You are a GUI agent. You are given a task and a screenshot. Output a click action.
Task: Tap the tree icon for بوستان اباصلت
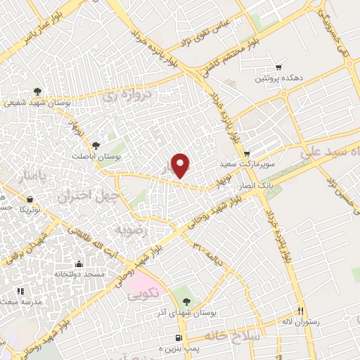coord(105,145)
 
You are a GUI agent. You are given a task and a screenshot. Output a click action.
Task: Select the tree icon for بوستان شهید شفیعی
coord(37,91)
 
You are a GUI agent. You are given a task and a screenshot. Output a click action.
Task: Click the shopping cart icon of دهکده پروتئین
coord(280,67)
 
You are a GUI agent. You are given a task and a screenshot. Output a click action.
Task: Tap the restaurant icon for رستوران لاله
coord(300,311)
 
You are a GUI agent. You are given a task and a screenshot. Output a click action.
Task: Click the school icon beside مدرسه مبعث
coord(21,290)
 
